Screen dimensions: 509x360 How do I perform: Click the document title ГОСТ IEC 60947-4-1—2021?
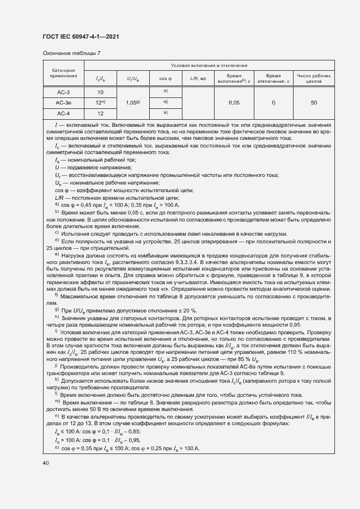point(81,37)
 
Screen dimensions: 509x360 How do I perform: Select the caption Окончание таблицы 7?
point(71,53)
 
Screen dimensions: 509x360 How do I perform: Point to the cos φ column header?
point(165,78)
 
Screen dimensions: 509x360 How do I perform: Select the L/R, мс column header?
point(198,78)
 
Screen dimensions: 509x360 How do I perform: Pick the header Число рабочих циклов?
point(314,78)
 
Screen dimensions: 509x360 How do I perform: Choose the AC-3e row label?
point(64,103)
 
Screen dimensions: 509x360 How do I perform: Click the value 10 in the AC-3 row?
point(100,93)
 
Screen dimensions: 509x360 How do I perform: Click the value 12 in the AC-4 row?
point(100,113)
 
